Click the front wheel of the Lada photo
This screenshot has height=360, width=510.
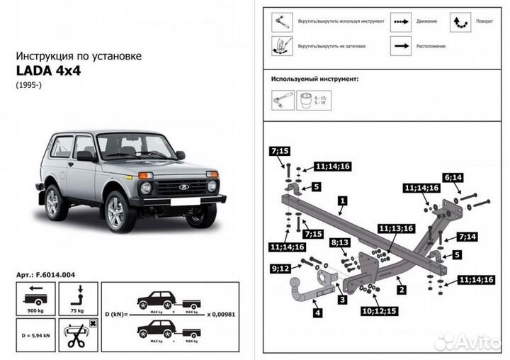[120, 210]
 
